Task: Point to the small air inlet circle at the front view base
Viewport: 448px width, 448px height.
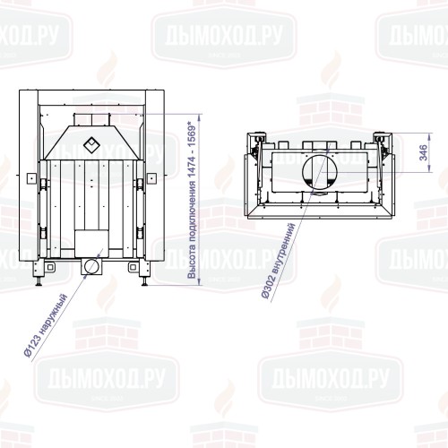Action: [x=90, y=266]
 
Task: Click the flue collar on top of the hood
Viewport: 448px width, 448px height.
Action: [x=90, y=119]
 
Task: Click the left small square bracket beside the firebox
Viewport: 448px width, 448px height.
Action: [x=39, y=183]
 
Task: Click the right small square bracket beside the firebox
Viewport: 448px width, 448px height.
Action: [x=142, y=183]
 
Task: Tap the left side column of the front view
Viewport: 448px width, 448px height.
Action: [x=29, y=179]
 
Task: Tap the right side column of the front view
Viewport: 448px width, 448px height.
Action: [x=154, y=179]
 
